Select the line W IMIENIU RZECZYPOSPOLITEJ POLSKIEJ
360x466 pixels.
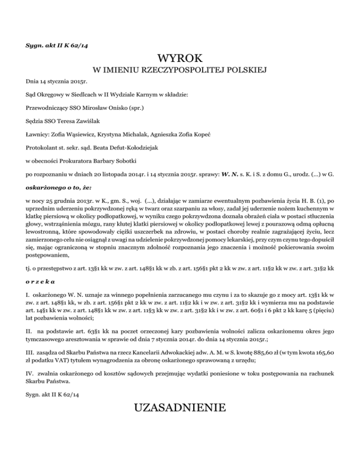(180, 70)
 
